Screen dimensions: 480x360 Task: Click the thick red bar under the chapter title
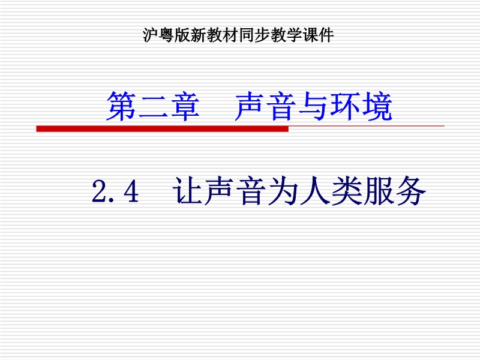tap(162, 128)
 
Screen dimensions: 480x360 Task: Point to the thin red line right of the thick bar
tap(367, 126)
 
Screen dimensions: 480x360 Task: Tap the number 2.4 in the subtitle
tap(115, 191)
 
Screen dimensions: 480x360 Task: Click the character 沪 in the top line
tap(151, 35)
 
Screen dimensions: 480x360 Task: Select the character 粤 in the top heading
tap(167, 35)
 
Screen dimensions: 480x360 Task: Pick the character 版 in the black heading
tap(183, 35)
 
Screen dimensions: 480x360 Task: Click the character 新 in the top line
tap(199, 35)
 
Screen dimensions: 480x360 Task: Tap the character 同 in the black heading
tap(247, 35)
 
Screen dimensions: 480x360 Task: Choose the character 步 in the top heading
tap(262, 35)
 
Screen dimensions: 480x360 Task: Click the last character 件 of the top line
tap(326, 35)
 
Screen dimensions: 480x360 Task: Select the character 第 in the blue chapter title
tap(121, 106)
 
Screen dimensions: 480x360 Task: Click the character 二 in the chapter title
tap(153, 106)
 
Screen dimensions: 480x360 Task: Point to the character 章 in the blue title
tap(185, 106)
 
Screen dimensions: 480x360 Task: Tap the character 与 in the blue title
tap(313, 106)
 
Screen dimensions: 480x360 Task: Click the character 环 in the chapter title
tap(346, 106)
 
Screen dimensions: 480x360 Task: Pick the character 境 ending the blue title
tap(377, 106)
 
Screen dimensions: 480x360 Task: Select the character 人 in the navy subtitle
tap(315, 191)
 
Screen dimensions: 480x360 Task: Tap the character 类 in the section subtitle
tap(347, 191)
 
